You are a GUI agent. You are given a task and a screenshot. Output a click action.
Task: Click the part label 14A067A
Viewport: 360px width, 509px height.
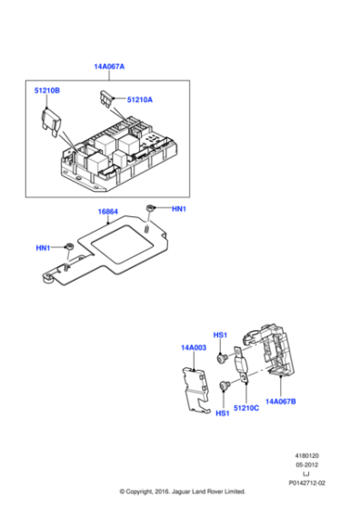[109, 66]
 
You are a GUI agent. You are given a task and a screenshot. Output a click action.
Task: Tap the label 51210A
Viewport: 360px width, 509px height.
[140, 100]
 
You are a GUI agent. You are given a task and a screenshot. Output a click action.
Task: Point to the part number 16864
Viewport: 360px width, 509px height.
[107, 212]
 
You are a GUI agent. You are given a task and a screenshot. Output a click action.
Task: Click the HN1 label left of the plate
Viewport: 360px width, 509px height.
[43, 248]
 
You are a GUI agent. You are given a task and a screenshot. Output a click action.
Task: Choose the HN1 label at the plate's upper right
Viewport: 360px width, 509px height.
[178, 209]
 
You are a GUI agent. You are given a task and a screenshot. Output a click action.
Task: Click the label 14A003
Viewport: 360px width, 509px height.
[194, 347]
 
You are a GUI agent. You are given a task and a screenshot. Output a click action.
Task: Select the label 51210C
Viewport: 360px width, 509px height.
[245, 410]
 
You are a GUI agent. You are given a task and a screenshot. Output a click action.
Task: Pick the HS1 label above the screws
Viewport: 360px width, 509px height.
[220, 334]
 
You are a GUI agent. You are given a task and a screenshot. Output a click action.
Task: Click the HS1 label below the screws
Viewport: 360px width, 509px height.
[222, 414]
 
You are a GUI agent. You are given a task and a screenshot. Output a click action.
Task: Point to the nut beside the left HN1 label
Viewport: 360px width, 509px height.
[68, 247]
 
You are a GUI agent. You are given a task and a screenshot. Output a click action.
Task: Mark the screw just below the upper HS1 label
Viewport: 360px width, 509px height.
[221, 359]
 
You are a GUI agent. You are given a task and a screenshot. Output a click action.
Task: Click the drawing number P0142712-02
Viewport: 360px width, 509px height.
[306, 484]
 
